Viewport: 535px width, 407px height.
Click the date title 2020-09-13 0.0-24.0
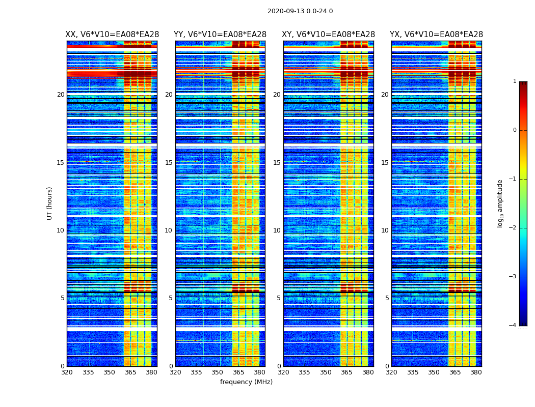300,11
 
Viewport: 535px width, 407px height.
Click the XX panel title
112,35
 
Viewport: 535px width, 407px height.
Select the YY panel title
220,35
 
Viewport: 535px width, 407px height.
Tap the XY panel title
328,35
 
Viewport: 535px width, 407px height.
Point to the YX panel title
436,35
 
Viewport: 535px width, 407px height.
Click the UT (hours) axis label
49,203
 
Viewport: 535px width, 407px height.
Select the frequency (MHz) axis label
246,382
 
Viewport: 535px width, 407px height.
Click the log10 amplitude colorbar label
500,203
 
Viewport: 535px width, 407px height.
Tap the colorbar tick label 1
515,81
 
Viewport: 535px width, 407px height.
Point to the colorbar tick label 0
515,130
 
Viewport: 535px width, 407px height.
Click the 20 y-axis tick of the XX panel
61,95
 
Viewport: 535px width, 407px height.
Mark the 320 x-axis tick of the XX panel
67,372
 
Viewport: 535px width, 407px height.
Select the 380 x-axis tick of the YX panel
476,372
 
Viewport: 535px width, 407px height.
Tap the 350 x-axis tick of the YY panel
218,372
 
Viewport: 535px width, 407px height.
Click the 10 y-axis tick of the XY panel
277,230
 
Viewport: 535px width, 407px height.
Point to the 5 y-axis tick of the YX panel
387,298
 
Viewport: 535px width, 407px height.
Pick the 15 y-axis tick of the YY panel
169,163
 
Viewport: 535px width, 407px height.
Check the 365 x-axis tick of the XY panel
346,372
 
